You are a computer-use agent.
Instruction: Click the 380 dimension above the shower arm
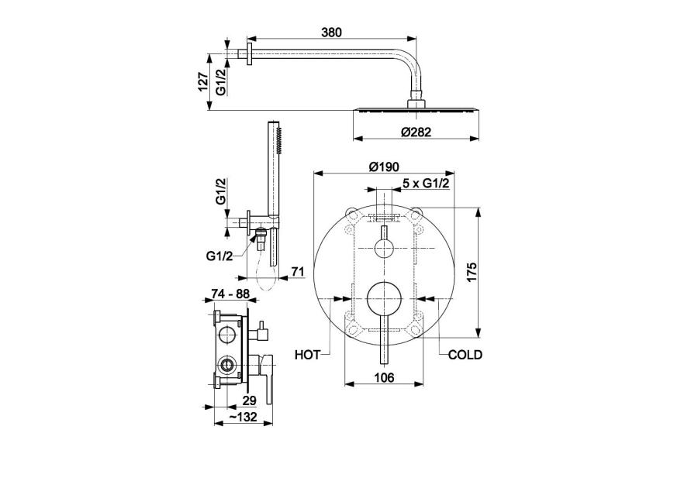(x=330, y=32)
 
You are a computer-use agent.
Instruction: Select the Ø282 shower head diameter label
(x=416, y=132)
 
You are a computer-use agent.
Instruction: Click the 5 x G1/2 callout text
(x=427, y=184)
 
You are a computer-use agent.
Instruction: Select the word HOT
(x=308, y=356)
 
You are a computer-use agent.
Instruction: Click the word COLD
(x=465, y=356)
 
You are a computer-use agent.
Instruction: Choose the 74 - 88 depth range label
(x=230, y=294)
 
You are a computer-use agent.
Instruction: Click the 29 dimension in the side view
(x=249, y=400)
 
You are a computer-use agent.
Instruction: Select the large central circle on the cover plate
(x=385, y=297)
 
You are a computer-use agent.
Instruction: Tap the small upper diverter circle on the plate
(x=385, y=248)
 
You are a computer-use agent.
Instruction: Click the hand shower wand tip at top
(x=272, y=125)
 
